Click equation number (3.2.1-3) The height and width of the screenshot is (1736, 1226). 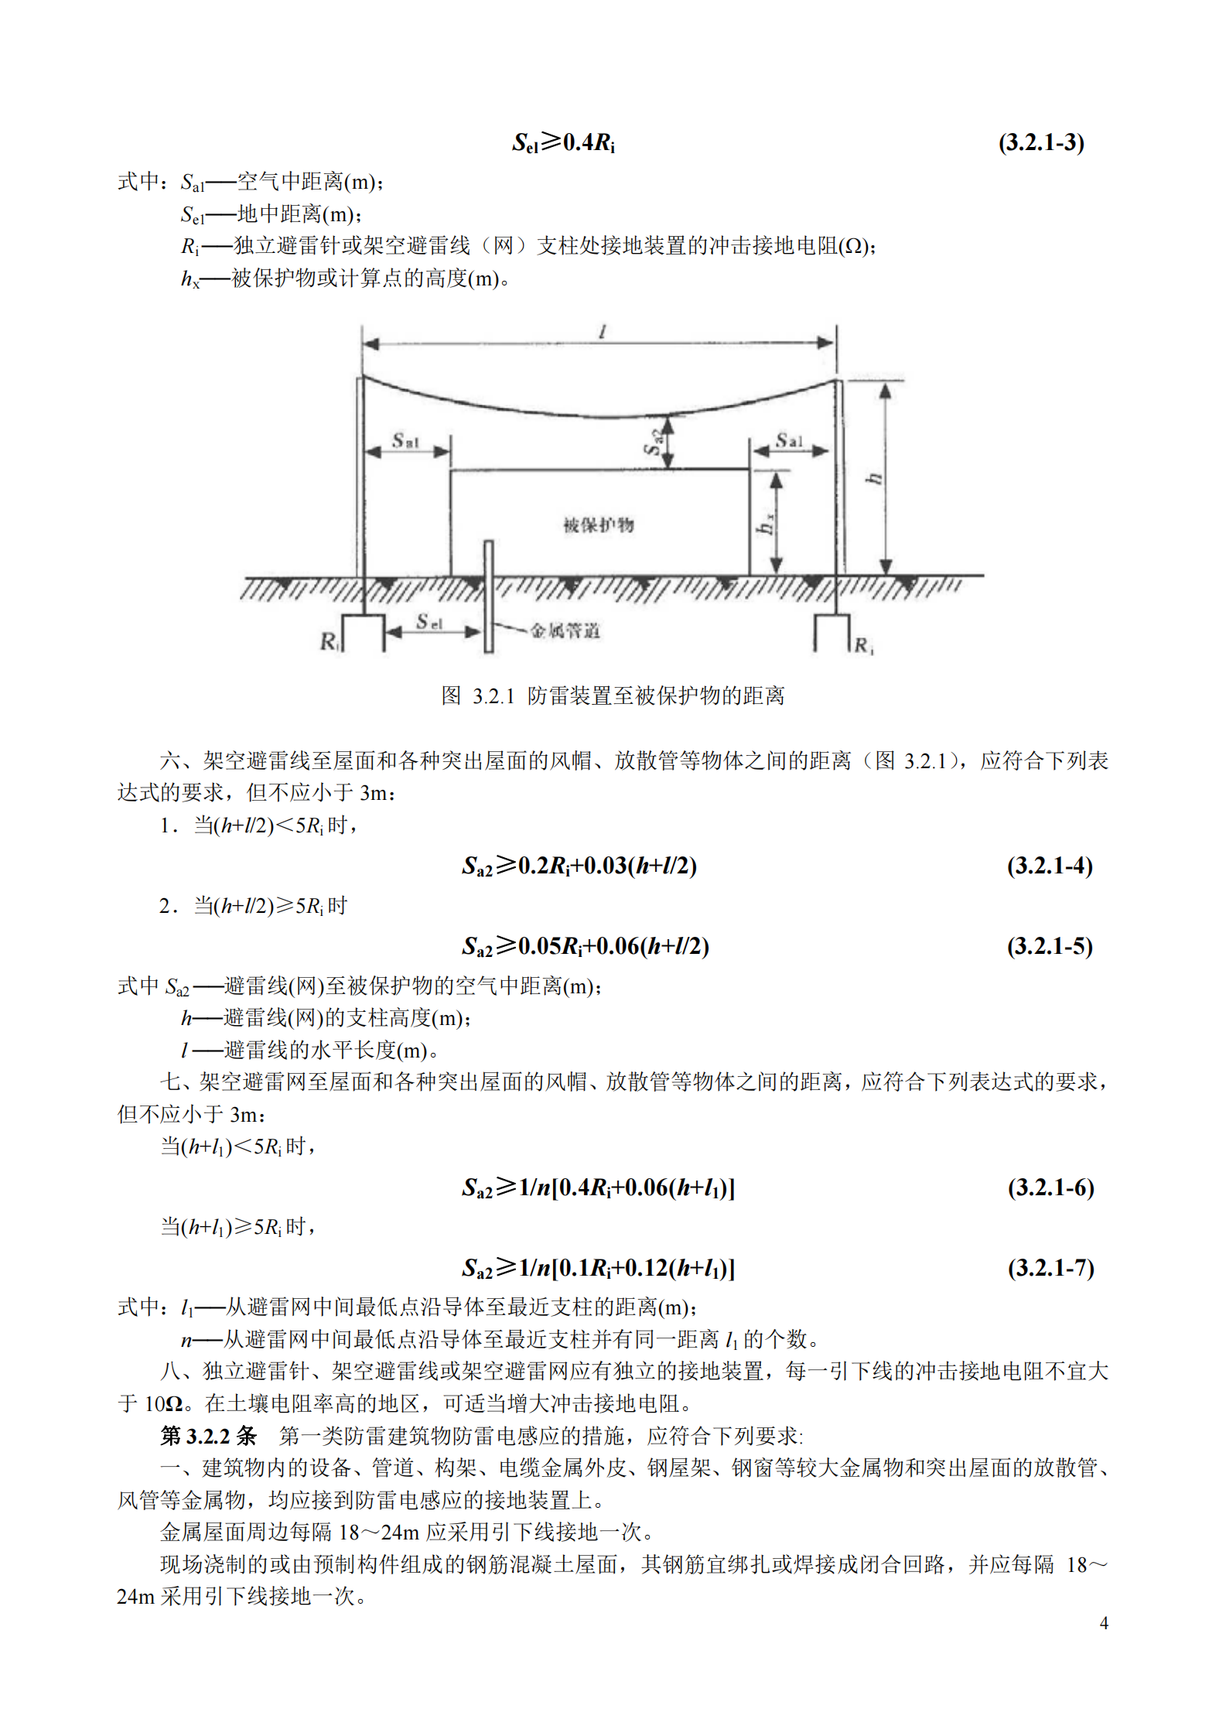pos(1040,142)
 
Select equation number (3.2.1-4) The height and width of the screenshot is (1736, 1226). pos(1050,865)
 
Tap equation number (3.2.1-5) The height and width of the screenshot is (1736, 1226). pos(1050,945)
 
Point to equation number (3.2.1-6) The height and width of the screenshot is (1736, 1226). pos(1050,1187)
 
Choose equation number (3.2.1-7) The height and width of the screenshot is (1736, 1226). pos(1050,1267)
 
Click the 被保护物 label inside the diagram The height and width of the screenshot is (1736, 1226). pos(598,525)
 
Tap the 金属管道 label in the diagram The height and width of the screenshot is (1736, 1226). pos(565,630)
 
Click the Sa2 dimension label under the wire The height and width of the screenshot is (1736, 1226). pos(654,443)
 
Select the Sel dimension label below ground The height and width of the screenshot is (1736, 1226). pos(429,621)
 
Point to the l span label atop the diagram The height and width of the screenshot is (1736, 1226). pos(602,332)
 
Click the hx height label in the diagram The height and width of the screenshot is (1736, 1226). pos(765,524)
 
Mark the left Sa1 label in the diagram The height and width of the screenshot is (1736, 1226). pos(405,441)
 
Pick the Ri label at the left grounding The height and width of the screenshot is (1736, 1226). pos(329,641)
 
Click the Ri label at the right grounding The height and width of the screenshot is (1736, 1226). pos(863,645)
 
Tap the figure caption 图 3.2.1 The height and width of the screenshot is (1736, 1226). pos(613,695)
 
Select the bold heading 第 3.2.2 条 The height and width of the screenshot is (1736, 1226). pos(208,1436)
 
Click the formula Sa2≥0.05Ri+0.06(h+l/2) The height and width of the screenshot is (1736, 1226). pos(586,945)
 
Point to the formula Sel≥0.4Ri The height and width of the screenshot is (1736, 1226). pos(563,142)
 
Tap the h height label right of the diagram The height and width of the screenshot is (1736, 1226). pos(874,478)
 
